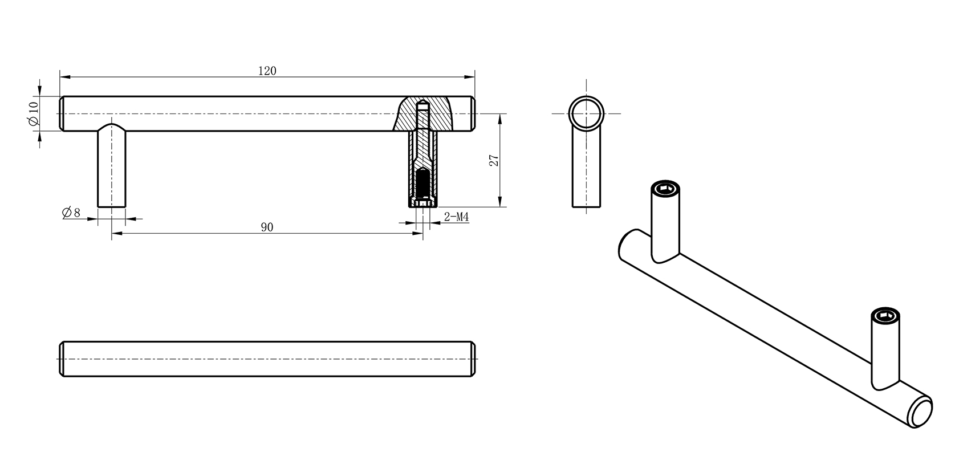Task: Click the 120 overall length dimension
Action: tap(267, 71)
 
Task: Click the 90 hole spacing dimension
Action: tap(267, 227)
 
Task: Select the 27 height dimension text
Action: tap(494, 161)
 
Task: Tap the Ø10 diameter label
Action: tap(32, 113)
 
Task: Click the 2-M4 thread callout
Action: tap(456, 217)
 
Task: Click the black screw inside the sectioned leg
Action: tap(422, 184)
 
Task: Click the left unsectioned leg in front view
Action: tap(111, 168)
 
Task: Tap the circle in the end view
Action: tap(586, 113)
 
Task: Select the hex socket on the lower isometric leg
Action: tap(885, 315)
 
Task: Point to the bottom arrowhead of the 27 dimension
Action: tap(499, 202)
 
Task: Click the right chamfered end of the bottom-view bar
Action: tap(474, 359)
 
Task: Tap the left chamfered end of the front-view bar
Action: tap(61, 113)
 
